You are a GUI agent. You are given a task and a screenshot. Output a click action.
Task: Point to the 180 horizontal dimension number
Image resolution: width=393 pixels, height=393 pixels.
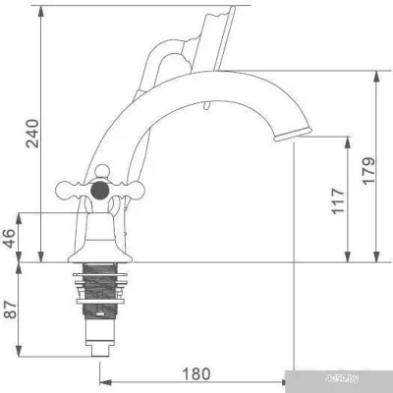tap(196, 374)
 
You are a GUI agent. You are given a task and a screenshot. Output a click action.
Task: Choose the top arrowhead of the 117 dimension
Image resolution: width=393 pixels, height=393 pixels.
tap(346, 140)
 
